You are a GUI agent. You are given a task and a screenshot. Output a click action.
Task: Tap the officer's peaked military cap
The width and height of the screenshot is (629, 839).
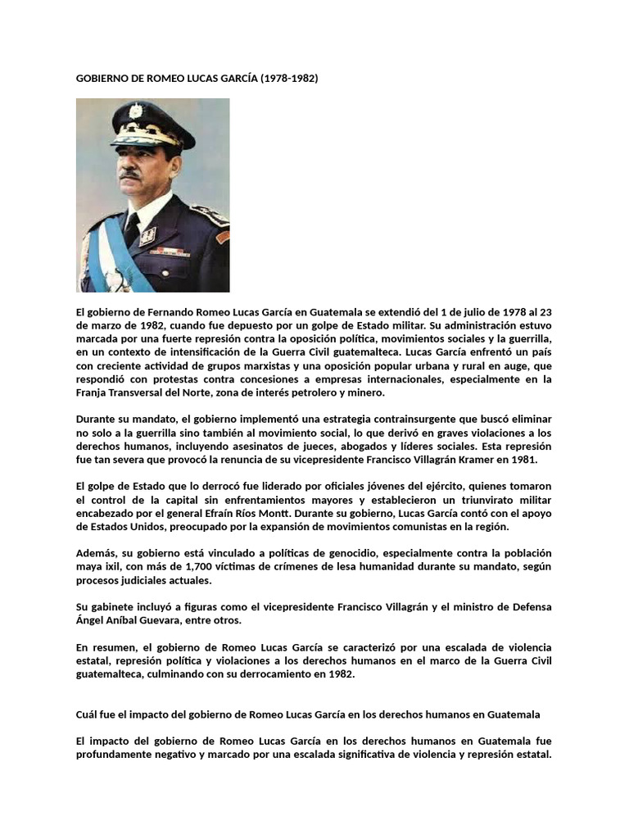[152, 121]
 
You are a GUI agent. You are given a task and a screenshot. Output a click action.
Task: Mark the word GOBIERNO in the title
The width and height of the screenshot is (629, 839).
[106, 79]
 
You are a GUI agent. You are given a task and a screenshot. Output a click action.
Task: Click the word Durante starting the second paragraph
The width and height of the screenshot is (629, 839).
[97, 419]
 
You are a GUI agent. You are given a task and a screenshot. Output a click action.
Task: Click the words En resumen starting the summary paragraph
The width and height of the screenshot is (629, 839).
[106, 646]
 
